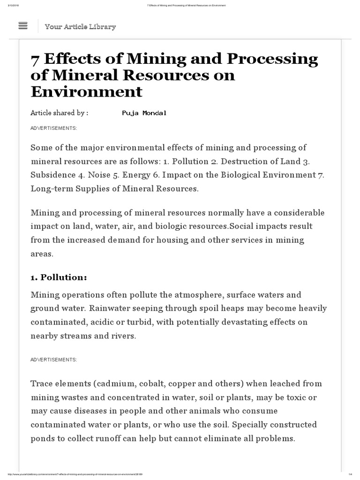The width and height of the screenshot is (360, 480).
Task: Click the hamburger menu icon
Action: click(x=23, y=26)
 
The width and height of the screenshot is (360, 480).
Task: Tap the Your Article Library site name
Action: click(x=80, y=27)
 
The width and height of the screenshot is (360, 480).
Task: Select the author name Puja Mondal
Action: click(x=144, y=113)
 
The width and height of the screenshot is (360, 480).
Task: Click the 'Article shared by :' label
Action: click(x=59, y=113)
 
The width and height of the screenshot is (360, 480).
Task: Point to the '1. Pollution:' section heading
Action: click(x=59, y=277)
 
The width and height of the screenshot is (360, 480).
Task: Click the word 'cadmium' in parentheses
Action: click(x=115, y=383)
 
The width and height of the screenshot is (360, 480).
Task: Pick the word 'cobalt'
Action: click(x=153, y=383)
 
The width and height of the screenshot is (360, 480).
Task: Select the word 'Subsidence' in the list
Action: click(x=51, y=175)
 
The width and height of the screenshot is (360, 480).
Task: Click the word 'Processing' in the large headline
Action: click(x=272, y=60)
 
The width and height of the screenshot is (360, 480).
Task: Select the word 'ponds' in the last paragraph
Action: click(x=43, y=439)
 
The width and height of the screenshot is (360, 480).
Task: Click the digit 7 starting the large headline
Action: click(x=35, y=60)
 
